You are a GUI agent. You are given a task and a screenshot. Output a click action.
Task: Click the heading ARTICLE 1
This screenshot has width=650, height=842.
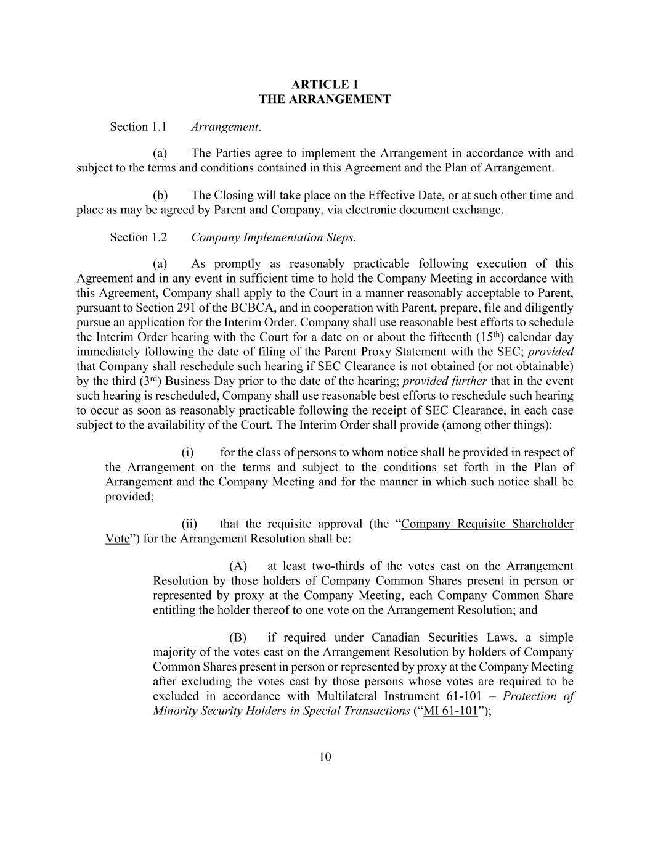point(325,85)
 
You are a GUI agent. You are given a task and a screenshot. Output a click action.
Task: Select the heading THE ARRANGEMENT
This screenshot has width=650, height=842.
point(325,99)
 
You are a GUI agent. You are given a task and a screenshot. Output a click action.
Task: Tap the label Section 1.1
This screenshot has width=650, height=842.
point(138,127)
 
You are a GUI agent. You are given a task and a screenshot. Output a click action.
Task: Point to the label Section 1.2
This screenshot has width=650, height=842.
point(138,237)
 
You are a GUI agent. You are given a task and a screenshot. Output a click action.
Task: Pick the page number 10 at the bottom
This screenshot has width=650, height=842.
point(325,757)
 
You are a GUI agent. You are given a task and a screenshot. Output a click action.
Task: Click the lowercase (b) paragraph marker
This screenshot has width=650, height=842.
point(160,196)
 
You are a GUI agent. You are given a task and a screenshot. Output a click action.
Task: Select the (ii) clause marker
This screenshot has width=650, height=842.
point(189,524)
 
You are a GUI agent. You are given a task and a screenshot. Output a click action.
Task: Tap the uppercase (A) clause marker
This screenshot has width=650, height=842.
point(238,566)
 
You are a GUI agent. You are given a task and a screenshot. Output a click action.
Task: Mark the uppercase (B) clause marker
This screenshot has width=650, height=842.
point(238,638)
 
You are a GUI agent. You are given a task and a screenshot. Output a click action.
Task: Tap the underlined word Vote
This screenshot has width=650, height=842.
point(117,539)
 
